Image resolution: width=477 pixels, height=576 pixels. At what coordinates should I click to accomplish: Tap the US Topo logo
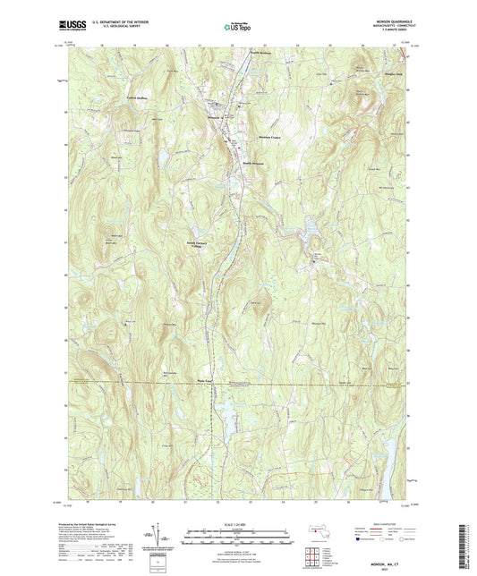point(237,29)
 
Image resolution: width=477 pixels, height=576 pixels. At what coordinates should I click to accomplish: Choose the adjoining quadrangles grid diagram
point(312,547)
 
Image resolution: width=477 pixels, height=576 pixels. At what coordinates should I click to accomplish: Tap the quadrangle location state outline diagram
point(313,529)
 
